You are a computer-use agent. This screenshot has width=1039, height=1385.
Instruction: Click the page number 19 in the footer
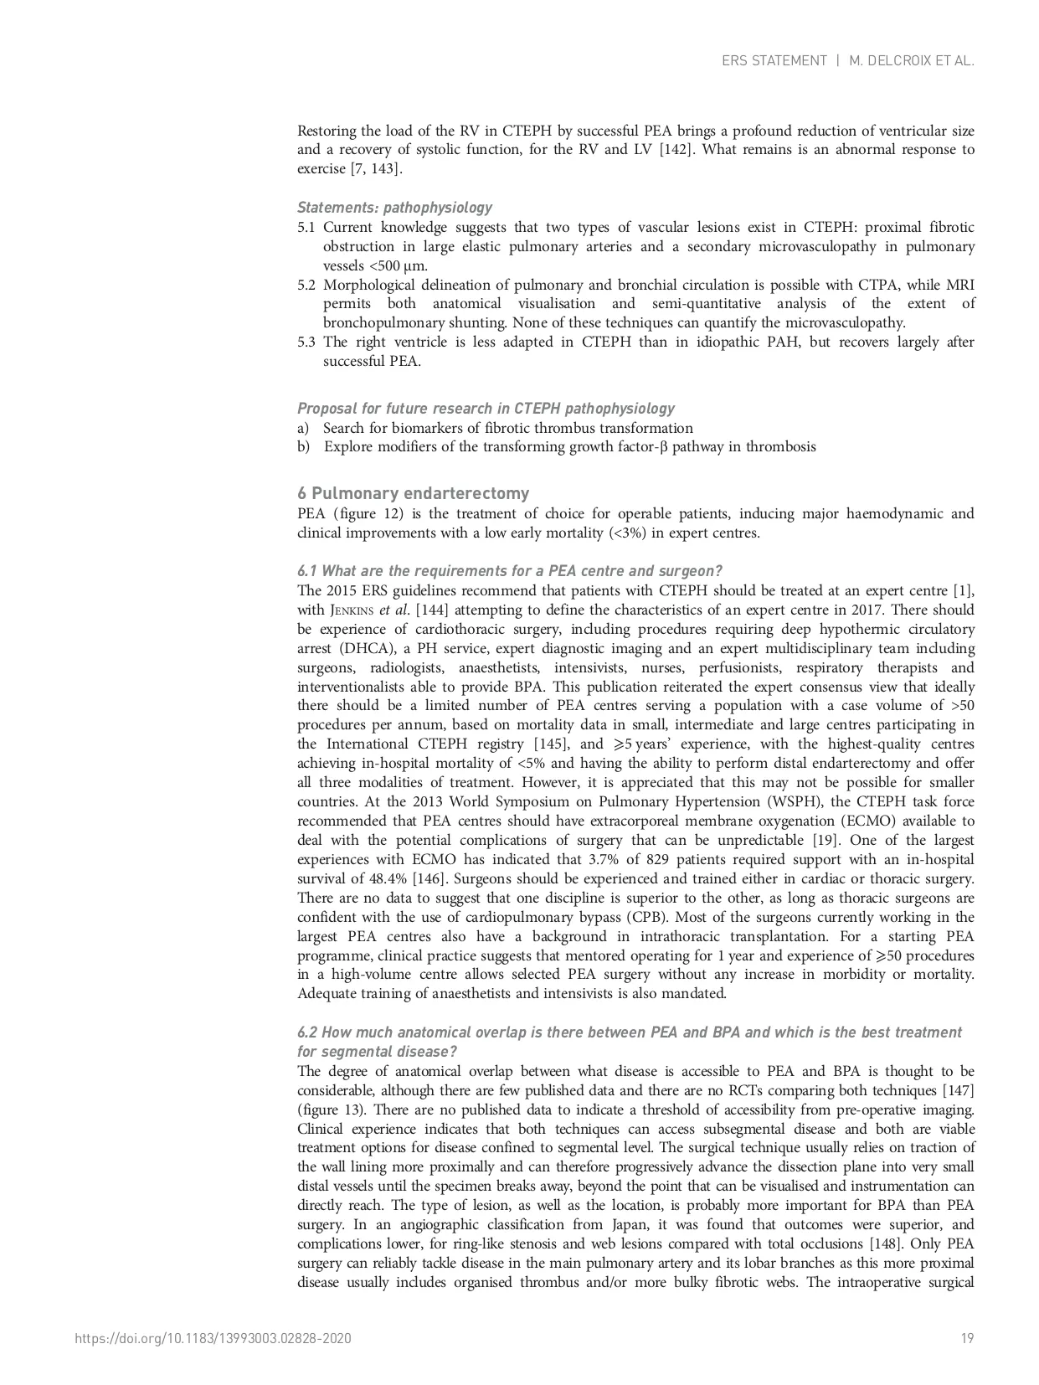point(967,1338)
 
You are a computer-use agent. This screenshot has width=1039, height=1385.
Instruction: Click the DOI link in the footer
point(213,1338)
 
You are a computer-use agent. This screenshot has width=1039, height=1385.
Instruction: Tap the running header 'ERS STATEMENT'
point(774,60)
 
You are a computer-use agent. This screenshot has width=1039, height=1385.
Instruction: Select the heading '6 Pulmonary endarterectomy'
point(413,493)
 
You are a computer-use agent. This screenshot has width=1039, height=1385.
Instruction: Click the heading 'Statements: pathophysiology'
point(394,208)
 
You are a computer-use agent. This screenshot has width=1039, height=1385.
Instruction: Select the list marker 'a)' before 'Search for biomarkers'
point(303,428)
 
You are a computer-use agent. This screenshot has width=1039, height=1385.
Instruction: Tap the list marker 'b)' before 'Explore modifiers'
point(303,447)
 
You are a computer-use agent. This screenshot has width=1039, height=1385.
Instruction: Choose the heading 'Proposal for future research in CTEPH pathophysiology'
point(486,409)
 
